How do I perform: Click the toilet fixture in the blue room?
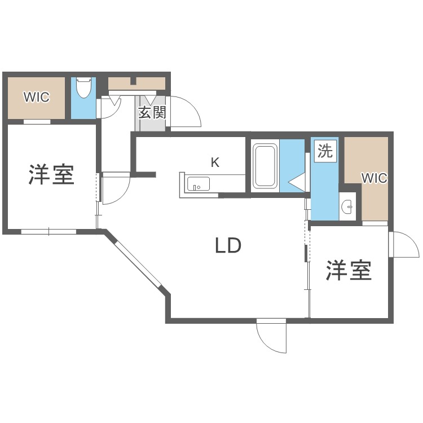tap(83, 88)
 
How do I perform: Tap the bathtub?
tap(265, 166)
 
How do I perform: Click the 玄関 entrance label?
tap(152, 112)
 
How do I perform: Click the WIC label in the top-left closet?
tap(36, 97)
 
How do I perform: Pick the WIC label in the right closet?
tap(374, 178)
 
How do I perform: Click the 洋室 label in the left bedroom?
tap(51, 175)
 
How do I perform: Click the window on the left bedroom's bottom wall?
tap(49, 231)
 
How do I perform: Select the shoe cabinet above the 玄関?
tap(136, 83)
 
